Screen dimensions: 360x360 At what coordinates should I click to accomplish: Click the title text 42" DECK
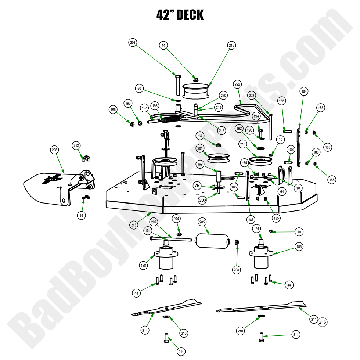(180, 15)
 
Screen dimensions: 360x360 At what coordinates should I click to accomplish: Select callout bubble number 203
(133, 43)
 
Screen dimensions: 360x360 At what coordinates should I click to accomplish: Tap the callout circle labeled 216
(231, 45)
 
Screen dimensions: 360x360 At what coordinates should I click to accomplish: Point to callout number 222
(237, 84)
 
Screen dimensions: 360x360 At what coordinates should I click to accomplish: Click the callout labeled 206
(54, 150)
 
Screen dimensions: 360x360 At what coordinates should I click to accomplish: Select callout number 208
(237, 270)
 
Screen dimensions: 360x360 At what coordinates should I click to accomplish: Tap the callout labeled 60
(139, 89)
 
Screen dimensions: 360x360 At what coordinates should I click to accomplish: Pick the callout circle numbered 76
(197, 186)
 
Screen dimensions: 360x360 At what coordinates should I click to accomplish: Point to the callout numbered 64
(281, 191)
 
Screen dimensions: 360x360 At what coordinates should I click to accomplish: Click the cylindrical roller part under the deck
(208, 242)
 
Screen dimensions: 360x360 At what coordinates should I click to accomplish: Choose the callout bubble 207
(154, 222)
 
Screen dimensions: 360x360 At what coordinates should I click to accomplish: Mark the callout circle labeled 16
(81, 215)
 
